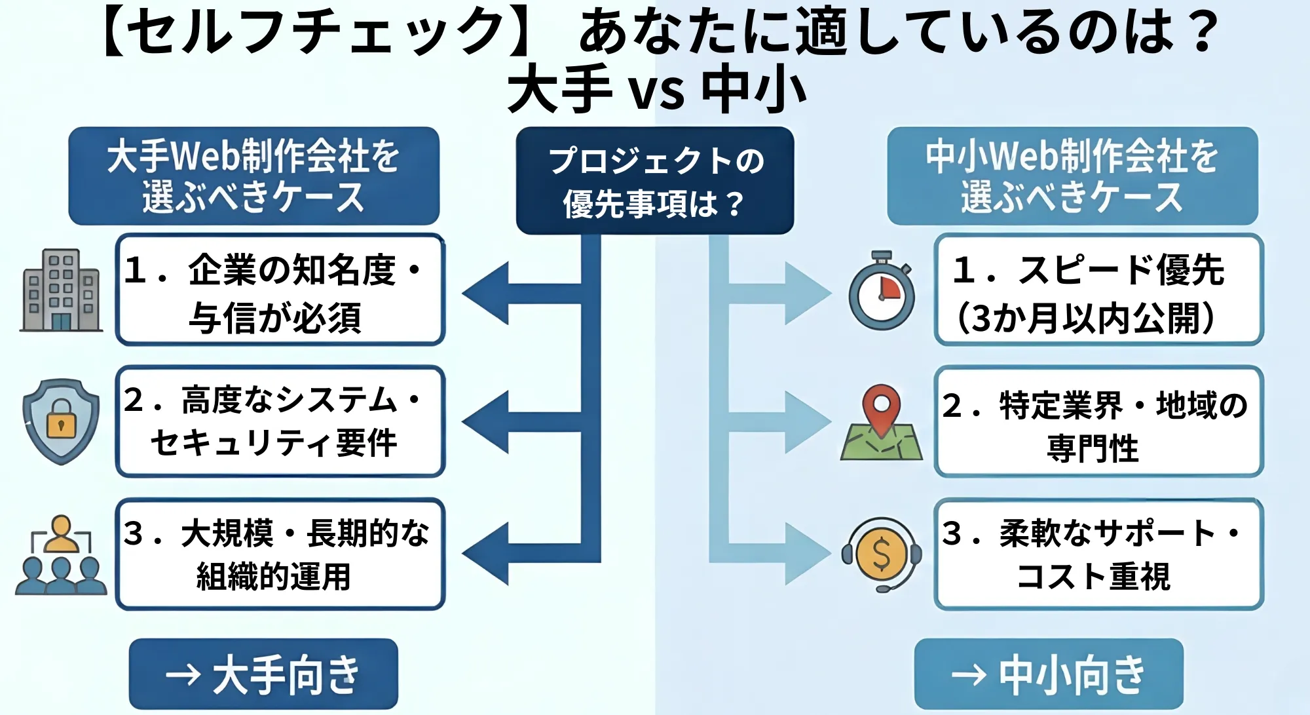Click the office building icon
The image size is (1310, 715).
pos(61,290)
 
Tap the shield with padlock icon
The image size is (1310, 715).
pos(61,421)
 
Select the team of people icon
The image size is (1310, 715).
pos(61,555)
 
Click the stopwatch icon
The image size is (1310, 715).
pos(882,292)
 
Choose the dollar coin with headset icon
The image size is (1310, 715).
pos(882,554)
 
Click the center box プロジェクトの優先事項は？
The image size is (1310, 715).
pos(654,181)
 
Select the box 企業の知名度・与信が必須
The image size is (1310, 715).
pos(280,290)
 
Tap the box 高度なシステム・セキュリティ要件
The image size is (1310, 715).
pos(280,421)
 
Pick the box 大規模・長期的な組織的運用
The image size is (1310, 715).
pos(280,554)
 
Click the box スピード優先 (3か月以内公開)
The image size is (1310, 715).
pos(1098,290)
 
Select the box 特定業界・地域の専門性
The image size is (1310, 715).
pos(1098,421)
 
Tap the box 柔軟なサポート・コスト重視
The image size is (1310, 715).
pos(1098,554)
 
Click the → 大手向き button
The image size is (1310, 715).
pos(263,674)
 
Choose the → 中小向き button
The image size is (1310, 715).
pos(1048,674)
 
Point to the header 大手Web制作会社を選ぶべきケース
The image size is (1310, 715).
pos(253,176)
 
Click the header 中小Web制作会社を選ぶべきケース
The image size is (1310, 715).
pos(1072,176)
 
